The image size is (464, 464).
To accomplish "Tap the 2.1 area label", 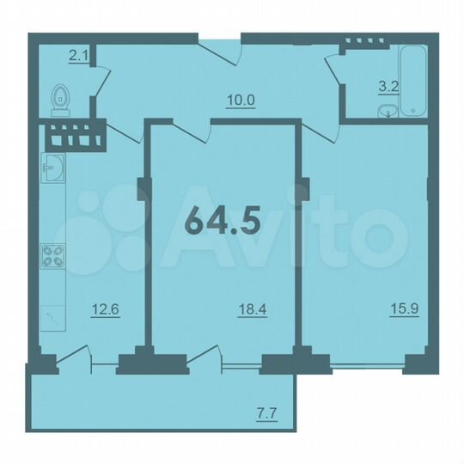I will (78, 57).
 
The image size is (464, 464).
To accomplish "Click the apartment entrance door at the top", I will (221, 50).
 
